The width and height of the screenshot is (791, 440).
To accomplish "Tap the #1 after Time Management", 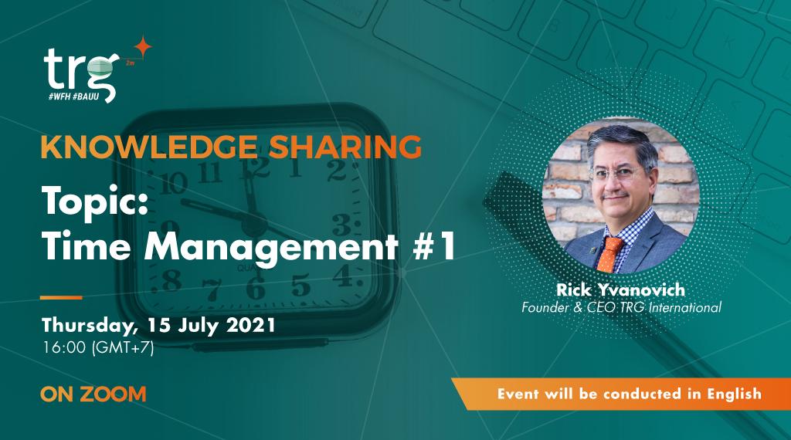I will tap(433, 250).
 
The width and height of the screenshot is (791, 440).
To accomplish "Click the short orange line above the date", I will tap(61, 297).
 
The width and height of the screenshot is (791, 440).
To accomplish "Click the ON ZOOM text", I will tap(93, 394).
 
